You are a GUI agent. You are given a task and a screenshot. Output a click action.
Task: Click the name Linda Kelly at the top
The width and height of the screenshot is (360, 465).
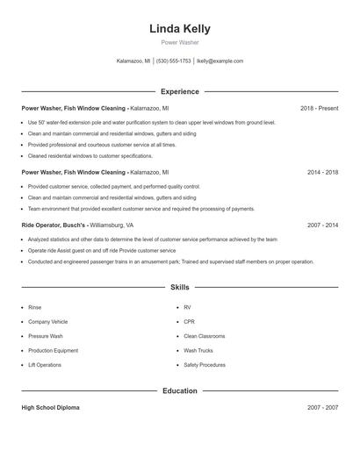[x=179, y=29]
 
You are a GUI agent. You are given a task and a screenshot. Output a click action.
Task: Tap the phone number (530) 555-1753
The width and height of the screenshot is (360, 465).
[x=173, y=61]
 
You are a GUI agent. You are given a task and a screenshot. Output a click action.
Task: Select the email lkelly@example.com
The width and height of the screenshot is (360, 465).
[x=220, y=61]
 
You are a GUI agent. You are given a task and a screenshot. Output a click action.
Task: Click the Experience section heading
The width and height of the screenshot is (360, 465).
[x=179, y=91]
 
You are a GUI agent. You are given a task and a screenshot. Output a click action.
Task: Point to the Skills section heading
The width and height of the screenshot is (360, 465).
[x=179, y=287]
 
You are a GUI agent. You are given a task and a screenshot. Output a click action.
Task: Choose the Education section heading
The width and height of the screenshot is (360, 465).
[x=179, y=390]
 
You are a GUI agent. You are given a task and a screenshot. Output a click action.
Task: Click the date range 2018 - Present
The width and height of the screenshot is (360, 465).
[x=319, y=108]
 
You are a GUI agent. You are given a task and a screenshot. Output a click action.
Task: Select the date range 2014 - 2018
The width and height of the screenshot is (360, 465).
[x=322, y=173]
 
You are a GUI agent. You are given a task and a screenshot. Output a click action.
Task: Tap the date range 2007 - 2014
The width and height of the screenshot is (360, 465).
[x=322, y=225]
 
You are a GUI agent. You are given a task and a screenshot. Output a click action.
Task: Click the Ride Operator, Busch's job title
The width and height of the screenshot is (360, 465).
[x=54, y=225]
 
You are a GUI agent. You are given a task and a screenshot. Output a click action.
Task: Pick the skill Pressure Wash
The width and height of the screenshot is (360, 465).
[x=46, y=336]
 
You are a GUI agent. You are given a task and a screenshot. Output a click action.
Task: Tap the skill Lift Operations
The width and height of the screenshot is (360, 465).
[x=45, y=364]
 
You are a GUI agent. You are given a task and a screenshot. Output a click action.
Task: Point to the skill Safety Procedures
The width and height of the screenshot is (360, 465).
[x=204, y=364]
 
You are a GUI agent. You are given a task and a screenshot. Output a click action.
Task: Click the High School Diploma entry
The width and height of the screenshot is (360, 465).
[x=51, y=408]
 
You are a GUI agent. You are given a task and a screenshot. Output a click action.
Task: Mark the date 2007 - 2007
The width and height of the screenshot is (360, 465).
[x=322, y=408]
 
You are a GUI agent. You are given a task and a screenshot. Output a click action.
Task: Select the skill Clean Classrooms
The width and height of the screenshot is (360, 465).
[x=204, y=336]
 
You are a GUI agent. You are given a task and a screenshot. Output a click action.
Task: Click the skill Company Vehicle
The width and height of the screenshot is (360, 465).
[x=47, y=322]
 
